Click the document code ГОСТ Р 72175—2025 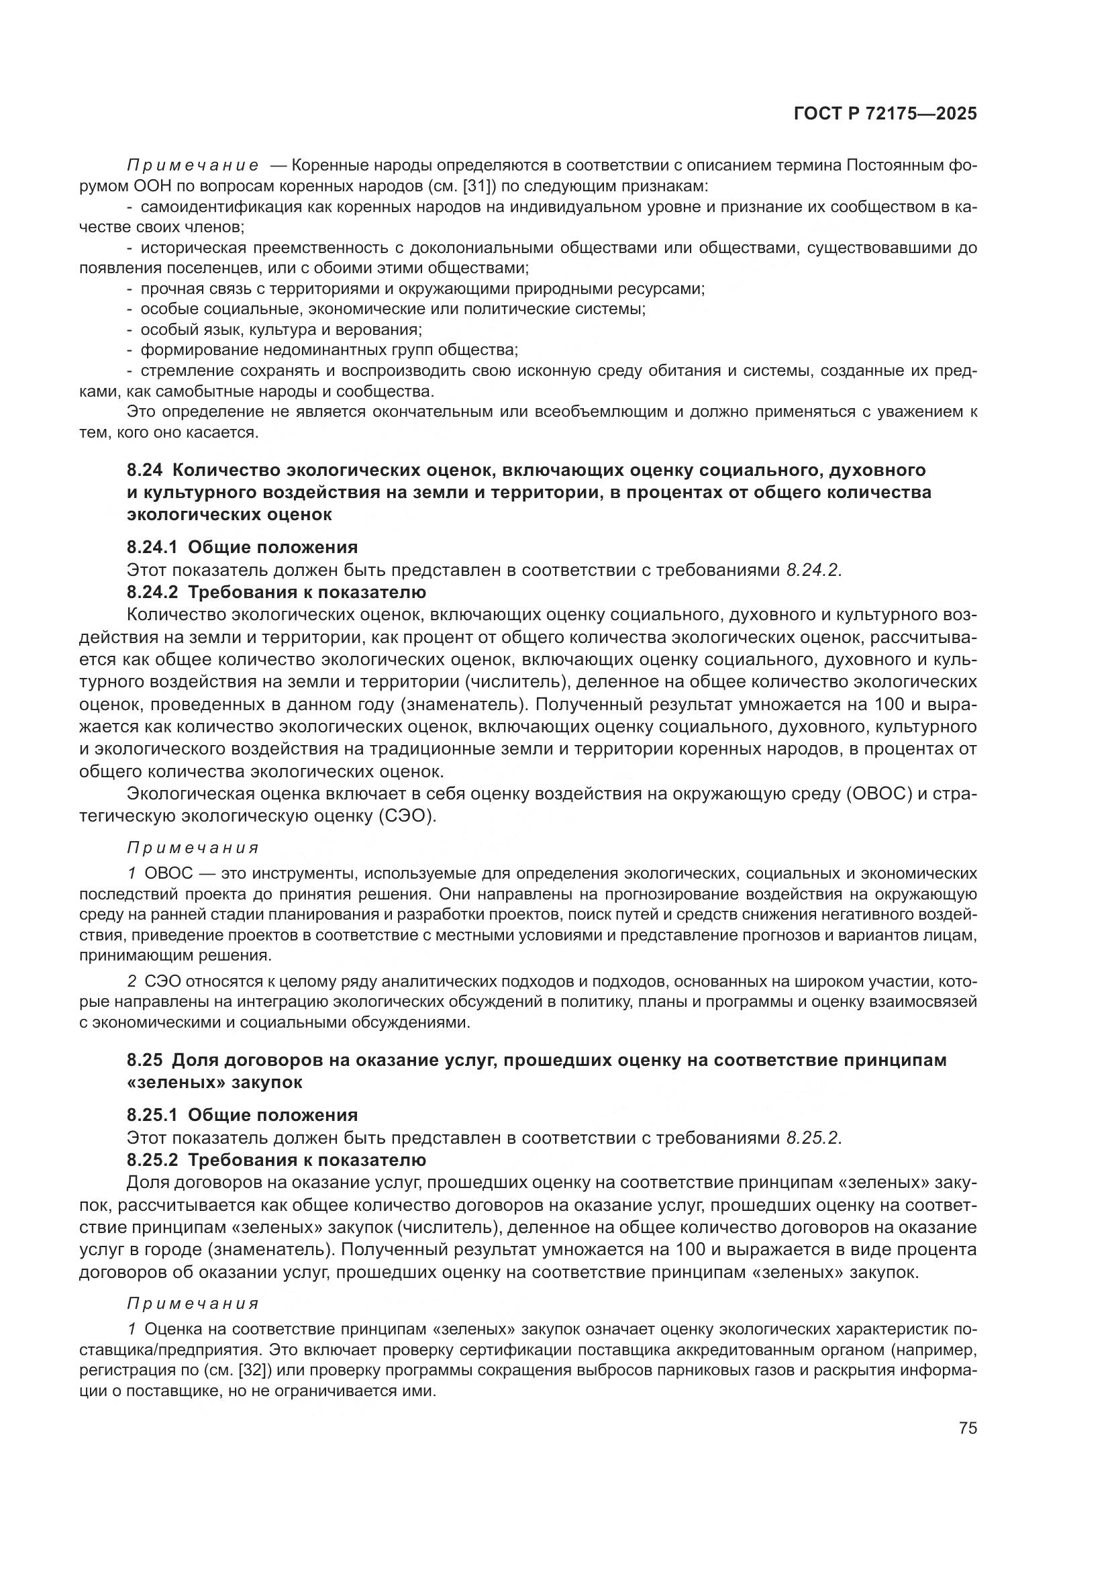[885, 114]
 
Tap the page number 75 [967, 1428]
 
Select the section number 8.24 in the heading [144, 470]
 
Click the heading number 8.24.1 [152, 547]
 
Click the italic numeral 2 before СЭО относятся [132, 982]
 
